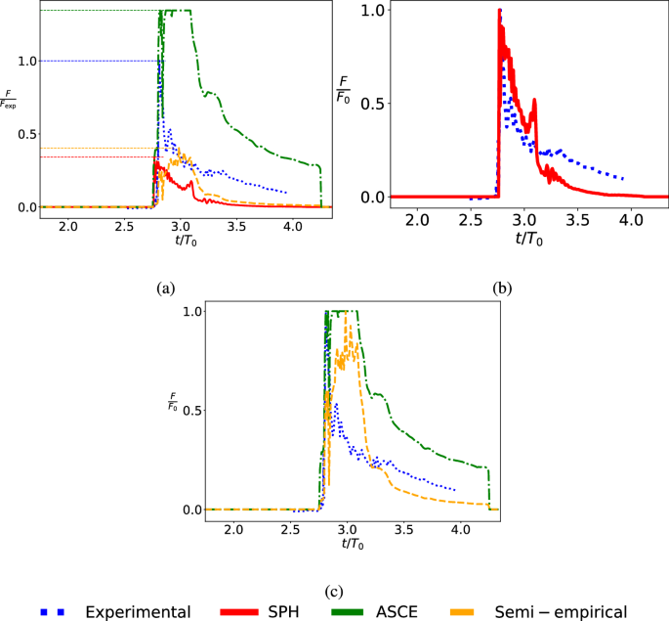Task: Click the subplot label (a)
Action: click(x=165, y=288)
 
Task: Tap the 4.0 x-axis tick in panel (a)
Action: click(x=290, y=227)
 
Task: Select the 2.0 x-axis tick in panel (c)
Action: click(x=233, y=529)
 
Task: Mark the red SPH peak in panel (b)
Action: click(x=500, y=10)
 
